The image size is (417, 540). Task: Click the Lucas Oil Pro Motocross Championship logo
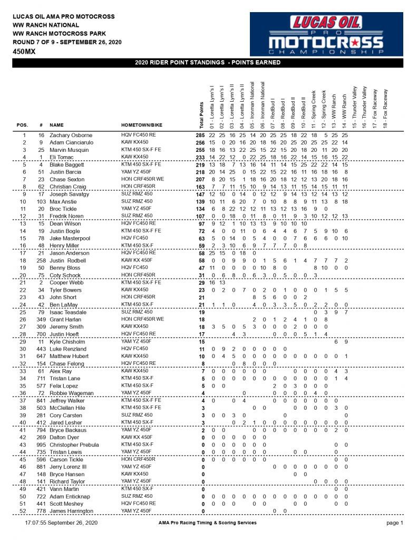(327, 34)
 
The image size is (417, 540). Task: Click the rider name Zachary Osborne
(71, 136)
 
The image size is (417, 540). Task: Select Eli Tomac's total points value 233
(197, 157)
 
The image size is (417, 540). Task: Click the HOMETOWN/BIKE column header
(138, 126)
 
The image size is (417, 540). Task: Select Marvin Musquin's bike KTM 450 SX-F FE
(142, 150)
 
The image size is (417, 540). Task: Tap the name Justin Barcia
(67, 172)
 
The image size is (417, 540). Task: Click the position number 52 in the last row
(23, 510)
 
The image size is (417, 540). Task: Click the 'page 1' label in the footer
(394, 523)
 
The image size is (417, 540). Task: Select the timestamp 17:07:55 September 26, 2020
(61, 523)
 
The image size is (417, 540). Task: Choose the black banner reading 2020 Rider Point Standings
(208, 63)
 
